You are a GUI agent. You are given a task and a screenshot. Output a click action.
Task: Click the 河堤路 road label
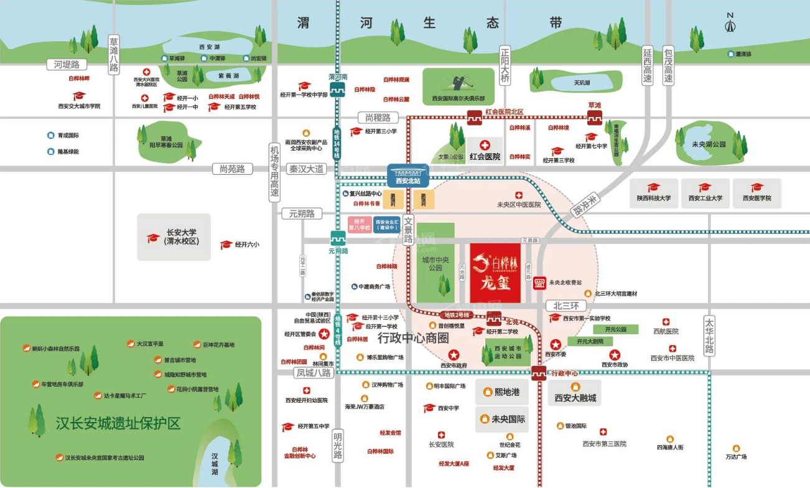(x=67, y=65)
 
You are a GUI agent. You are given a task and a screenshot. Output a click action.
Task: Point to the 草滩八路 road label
(x=113, y=54)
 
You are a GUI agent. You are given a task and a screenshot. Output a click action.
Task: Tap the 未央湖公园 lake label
(x=709, y=144)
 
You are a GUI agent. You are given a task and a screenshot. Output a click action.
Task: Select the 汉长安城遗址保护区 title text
(x=118, y=424)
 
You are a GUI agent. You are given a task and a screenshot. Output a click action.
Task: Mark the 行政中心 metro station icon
(x=539, y=373)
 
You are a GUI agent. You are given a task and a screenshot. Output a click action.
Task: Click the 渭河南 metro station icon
(x=338, y=91)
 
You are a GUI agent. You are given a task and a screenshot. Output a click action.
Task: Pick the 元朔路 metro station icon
(x=337, y=238)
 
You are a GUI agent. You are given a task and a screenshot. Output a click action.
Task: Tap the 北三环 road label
(x=566, y=306)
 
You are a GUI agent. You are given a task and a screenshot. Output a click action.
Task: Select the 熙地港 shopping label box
(x=502, y=392)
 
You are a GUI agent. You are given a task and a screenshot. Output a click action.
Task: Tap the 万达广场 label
(x=736, y=456)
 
